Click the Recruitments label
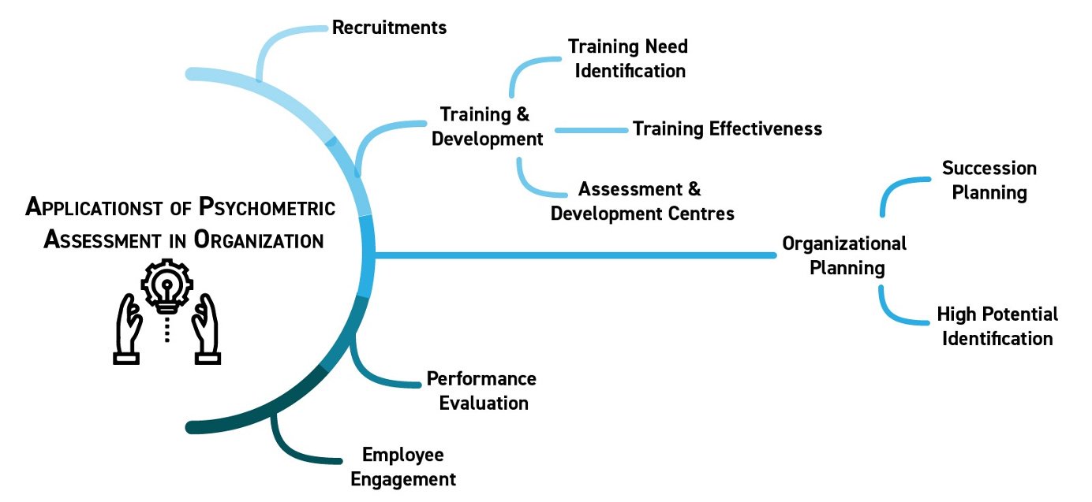click(x=389, y=28)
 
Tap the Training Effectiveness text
click(x=727, y=128)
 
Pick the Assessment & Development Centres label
click(x=641, y=201)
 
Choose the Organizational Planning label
click(x=844, y=255)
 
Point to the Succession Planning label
click(x=989, y=180)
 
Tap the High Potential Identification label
click(x=997, y=326)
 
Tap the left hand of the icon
click(x=129, y=327)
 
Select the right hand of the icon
click(x=206, y=327)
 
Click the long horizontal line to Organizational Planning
click(x=576, y=255)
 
